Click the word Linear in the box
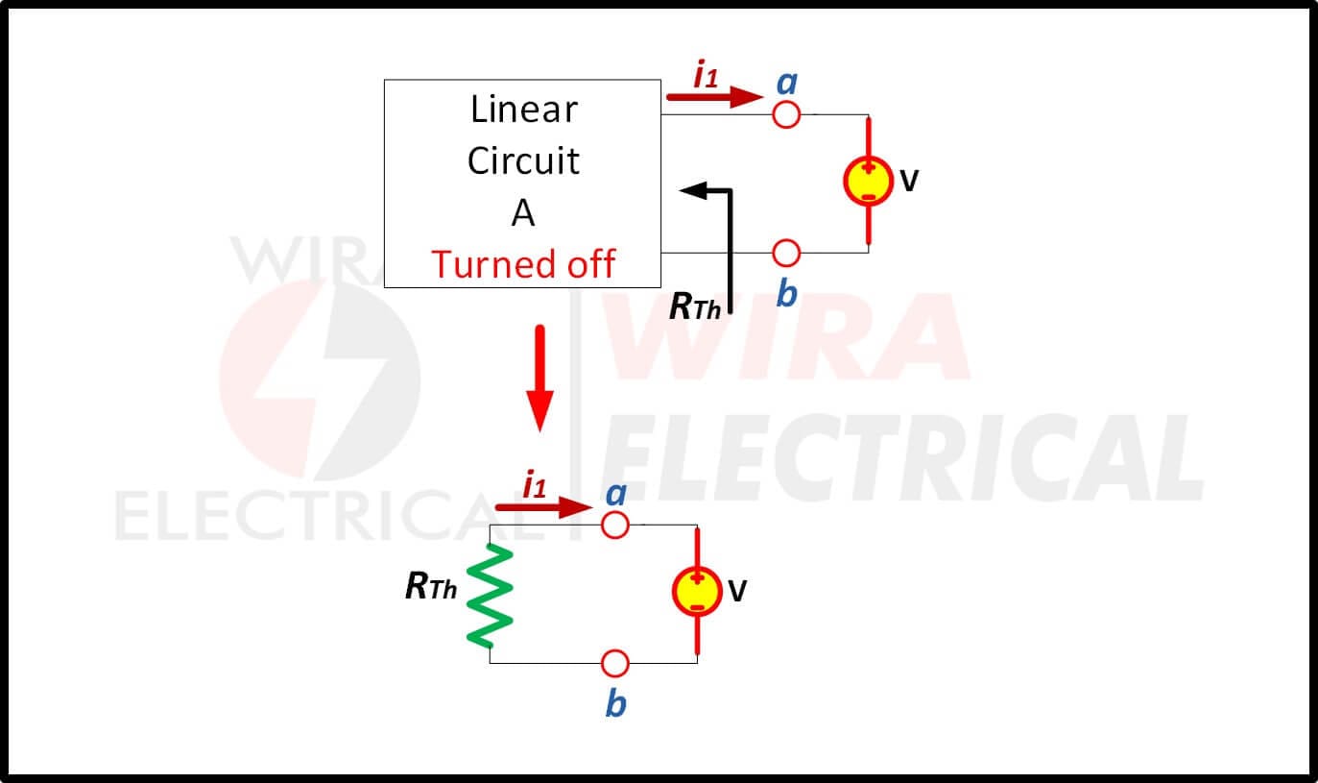(524, 109)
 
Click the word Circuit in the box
(524, 160)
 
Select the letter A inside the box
(523, 212)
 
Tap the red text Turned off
(523, 264)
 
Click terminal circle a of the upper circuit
(786, 114)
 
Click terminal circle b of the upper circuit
(786, 253)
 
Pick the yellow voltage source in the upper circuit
(869, 181)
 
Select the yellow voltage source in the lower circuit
(697, 591)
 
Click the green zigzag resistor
(490, 596)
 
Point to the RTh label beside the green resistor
(431, 587)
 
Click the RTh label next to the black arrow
(695, 306)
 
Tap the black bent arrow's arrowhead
(692, 190)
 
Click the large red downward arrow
(539, 379)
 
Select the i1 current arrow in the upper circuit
(715, 96)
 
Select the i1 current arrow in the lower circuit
(544, 507)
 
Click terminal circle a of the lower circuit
(615, 525)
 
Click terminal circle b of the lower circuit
(615, 664)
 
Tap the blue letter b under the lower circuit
(616, 703)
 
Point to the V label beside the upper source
(909, 181)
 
